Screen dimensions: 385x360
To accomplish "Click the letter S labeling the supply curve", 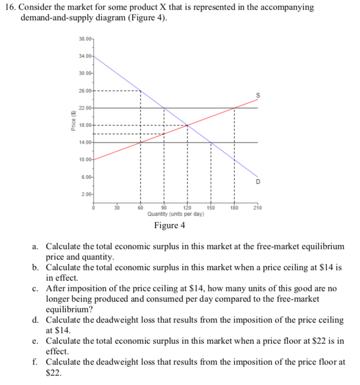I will pos(258,95).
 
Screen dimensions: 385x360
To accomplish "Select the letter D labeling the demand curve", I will pos(258,182).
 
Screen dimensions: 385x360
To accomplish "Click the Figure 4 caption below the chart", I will pos(169,226).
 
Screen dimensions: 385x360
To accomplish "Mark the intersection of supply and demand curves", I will pos(187,125).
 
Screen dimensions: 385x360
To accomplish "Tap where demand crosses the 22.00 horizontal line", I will pos(164,108).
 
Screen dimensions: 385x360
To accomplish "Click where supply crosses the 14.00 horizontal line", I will pos(140,142).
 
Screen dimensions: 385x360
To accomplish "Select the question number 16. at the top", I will pos(10,7).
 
